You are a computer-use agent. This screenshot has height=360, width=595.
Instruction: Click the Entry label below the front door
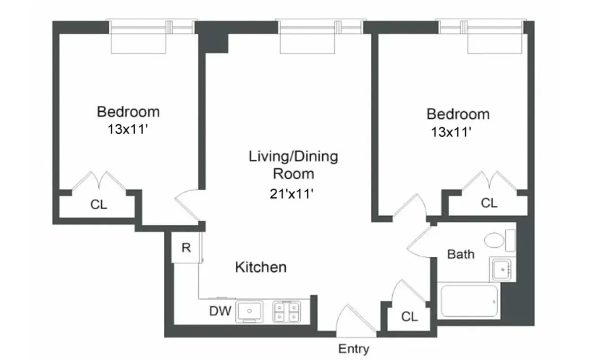pyautogui.click(x=353, y=349)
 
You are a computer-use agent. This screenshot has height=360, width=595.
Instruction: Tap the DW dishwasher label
pyautogui.click(x=220, y=311)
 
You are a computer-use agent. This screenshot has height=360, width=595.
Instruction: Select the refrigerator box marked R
pyautogui.click(x=186, y=248)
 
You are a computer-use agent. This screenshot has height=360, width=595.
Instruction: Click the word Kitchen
pyautogui.click(x=261, y=267)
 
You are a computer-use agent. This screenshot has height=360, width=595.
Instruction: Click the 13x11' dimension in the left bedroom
pyautogui.click(x=128, y=130)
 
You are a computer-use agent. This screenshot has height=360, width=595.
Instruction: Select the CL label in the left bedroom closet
pyautogui.click(x=98, y=205)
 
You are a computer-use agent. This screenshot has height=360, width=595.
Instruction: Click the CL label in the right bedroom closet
pyautogui.click(x=489, y=203)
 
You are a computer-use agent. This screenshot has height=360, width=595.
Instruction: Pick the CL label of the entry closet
pyautogui.click(x=409, y=317)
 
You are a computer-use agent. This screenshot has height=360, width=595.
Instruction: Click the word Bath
pyautogui.click(x=461, y=254)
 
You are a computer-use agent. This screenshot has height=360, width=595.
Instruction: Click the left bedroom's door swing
pyautogui.click(x=187, y=205)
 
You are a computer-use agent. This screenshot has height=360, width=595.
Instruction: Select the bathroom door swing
pyautogui.click(x=421, y=243)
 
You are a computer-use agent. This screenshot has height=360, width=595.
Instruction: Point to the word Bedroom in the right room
pyautogui.click(x=458, y=114)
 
